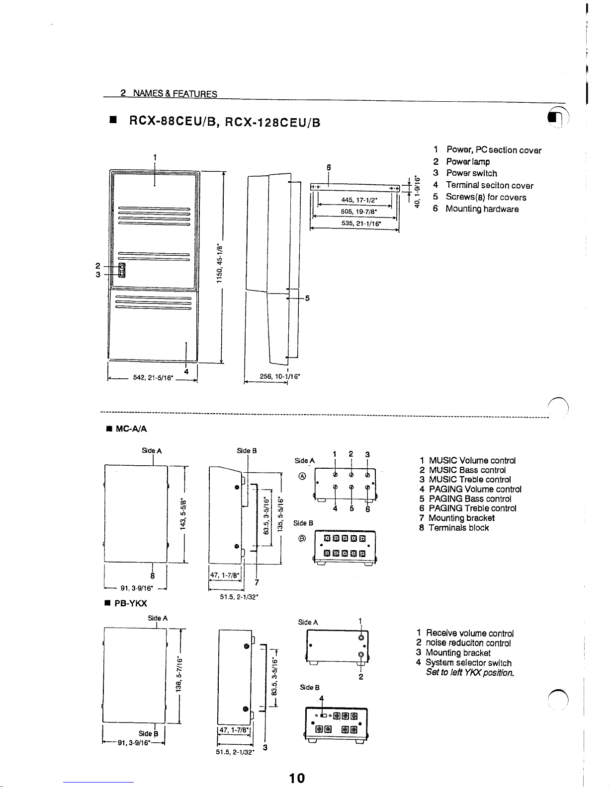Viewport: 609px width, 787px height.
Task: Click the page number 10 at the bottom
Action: click(297, 778)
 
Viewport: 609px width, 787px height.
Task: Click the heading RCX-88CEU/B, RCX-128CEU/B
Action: click(224, 121)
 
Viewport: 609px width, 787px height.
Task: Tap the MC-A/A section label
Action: click(131, 429)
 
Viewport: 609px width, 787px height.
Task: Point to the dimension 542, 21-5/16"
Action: click(153, 378)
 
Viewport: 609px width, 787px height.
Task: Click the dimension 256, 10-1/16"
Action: click(280, 376)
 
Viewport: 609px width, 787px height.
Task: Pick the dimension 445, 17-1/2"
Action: click(359, 200)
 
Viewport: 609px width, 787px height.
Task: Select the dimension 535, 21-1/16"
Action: click(361, 223)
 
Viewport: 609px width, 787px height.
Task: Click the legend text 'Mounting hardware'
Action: click(482, 209)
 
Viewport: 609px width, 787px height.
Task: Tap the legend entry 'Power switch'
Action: click(471, 173)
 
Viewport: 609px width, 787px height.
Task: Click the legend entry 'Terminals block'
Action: click(458, 527)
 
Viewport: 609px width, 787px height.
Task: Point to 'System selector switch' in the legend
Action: click(468, 662)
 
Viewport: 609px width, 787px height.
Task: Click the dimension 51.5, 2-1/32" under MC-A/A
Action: click(239, 596)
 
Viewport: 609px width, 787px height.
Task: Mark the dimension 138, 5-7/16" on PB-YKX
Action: click(180, 675)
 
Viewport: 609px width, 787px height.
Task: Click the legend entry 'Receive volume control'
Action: click(469, 633)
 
